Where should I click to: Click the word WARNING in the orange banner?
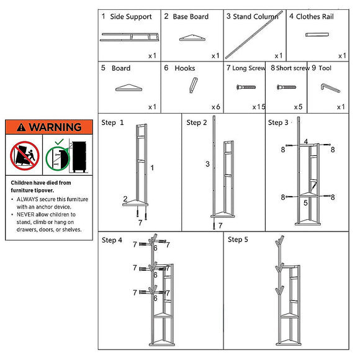pos(55,127)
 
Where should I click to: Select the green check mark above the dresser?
pos(59,142)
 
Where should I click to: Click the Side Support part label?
pos(131,17)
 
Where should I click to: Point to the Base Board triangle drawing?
pos(192,38)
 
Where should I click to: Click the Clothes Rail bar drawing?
pos(317,35)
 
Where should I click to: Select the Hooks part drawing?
pos(193,85)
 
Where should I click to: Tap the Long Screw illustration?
pos(246,87)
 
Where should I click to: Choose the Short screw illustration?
pos(287,87)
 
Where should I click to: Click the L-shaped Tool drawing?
pos(330,88)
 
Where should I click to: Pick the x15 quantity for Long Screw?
pos(259,107)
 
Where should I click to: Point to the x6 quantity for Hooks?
pos(216,107)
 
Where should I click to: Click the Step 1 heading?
pos(112,122)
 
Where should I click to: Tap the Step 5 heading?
pos(238,240)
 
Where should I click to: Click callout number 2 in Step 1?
pos(125,199)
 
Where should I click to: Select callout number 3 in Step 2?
pos(207,164)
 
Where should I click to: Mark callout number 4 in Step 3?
pos(306,141)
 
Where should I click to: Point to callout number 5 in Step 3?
pos(305,203)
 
